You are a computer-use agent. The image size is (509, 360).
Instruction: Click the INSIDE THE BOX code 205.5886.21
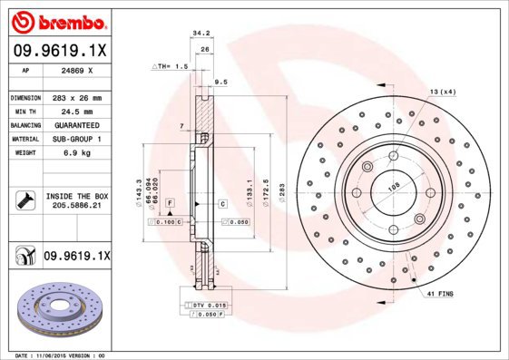[x=73, y=206]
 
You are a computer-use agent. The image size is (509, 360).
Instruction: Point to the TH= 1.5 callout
[x=171, y=67]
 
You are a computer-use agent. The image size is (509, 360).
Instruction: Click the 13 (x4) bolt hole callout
[x=441, y=92]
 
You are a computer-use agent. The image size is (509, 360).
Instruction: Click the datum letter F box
[x=170, y=204]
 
